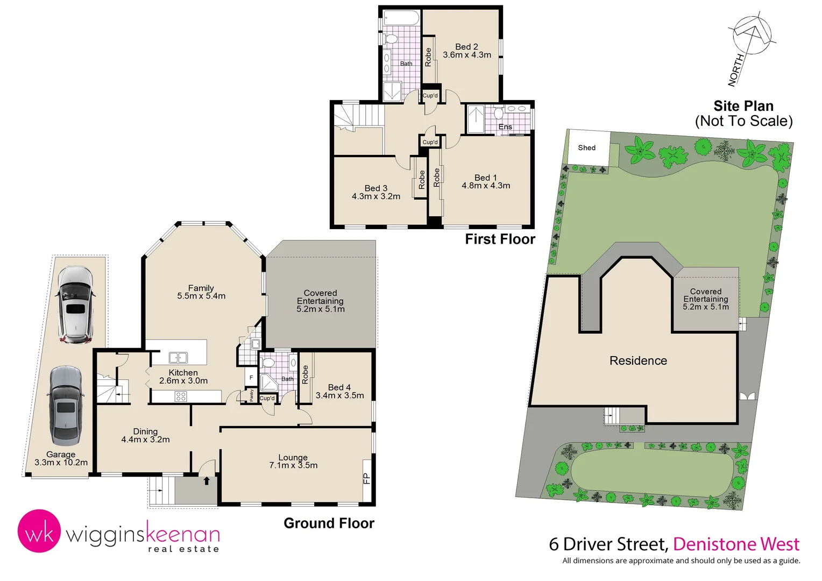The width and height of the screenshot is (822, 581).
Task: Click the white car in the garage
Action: tap(75, 304)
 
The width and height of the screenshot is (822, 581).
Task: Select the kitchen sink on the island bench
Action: tap(178, 357)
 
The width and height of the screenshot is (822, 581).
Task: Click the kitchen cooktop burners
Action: tap(181, 396)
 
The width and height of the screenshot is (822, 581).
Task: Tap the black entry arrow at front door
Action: tap(207, 480)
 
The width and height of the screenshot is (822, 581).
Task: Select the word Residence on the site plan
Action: tap(638, 360)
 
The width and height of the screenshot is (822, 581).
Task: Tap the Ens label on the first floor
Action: tap(505, 127)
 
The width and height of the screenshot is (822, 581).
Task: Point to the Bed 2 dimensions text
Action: tap(466, 55)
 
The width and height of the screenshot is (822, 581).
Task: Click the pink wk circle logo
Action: tap(39, 532)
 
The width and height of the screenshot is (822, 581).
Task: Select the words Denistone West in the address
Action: tap(736, 544)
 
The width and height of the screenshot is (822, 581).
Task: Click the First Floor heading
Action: tap(500, 239)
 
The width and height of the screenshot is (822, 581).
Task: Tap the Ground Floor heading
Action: tap(329, 523)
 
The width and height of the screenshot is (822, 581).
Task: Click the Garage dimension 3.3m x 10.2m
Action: tap(61, 463)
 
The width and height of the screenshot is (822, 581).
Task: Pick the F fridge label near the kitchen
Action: tap(251, 378)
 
